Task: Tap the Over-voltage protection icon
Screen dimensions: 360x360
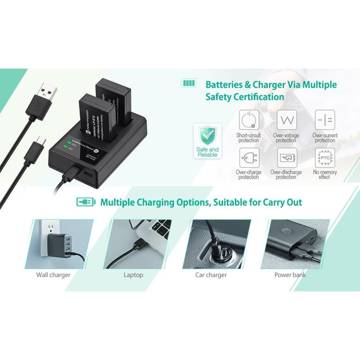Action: pyautogui.click(x=286, y=120)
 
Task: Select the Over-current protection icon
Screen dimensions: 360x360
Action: pyautogui.click(x=324, y=120)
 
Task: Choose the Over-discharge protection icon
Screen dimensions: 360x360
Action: pyautogui.click(x=286, y=158)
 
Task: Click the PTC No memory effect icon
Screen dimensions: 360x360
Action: pyautogui.click(x=324, y=158)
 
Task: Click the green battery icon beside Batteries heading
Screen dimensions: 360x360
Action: pyautogui.click(x=189, y=84)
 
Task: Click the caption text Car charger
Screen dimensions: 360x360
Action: pyautogui.click(x=211, y=274)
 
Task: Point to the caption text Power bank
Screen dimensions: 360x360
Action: pyautogui.click(x=290, y=274)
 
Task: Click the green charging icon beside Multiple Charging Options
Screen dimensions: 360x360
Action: pyautogui.click(x=85, y=202)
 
